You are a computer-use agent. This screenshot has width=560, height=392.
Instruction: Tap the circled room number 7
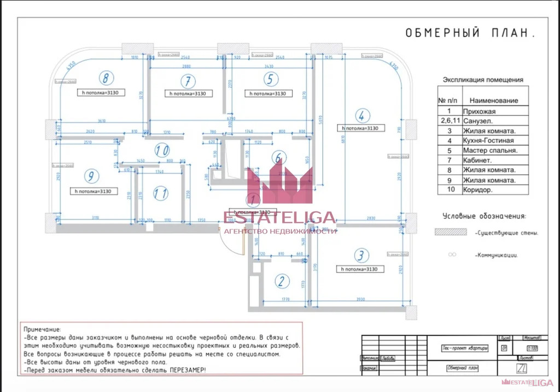[x=188, y=81]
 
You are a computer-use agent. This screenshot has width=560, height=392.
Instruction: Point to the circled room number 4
[x=360, y=116]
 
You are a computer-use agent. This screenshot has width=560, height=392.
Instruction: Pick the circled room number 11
[x=160, y=193]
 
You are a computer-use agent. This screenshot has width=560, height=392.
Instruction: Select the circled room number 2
[x=281, y=282]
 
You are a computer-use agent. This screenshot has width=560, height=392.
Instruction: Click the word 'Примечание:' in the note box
[x=43, y=330]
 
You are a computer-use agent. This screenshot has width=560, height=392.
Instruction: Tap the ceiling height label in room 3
[x=359, y=269]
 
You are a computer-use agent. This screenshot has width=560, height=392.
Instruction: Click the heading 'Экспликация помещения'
[x=483, y=80]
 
